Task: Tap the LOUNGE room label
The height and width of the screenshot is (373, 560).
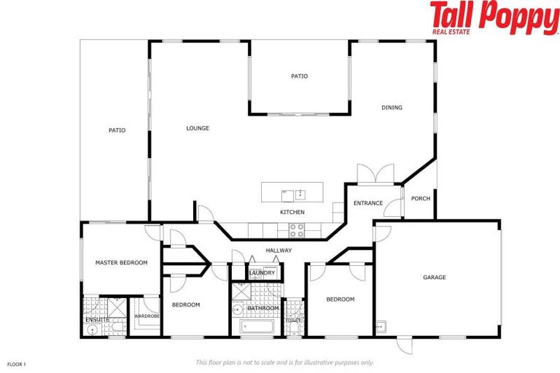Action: tap(198, 128)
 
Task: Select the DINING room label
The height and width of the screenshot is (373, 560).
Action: tap(392, 108)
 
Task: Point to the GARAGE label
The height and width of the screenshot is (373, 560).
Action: tap(435, 277)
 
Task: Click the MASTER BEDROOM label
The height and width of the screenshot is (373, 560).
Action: tap(121, 262)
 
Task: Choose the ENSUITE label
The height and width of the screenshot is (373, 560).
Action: tap(97, 319)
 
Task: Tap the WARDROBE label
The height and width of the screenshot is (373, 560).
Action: tap(147, 316)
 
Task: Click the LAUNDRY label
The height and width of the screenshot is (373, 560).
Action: tap(262, 273)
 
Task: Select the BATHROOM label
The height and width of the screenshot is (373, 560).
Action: tap(262, 308)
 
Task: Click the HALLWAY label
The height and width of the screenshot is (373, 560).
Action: tap(279, 251)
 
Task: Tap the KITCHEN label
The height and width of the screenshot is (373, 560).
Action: tap(292, 212)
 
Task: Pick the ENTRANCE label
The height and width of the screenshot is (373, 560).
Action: tap(368, 203)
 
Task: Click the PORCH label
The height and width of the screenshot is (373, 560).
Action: tap(420, 198)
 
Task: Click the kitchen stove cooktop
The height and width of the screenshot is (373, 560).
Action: tap(297, 231)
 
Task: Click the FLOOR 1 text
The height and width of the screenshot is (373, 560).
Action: tap(17, 363)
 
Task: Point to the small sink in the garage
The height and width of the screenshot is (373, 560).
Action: tap(380, 326)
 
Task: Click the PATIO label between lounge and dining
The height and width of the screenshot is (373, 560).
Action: tap(299, 76)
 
